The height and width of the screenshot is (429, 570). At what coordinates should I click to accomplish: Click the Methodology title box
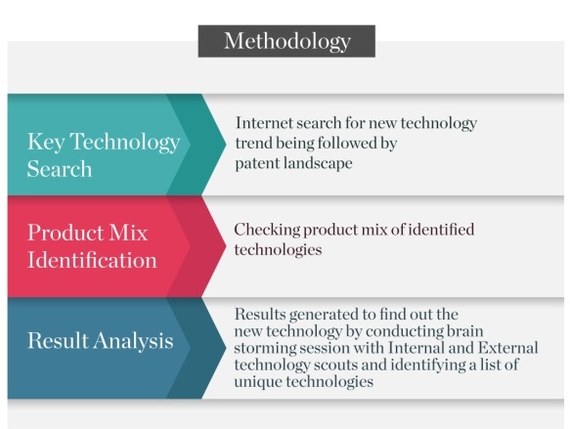(x=286, y=41)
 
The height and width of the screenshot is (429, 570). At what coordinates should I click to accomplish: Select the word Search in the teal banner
(x=60, y=169)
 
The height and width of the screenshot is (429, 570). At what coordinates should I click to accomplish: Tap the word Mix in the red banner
(x=128, y=233)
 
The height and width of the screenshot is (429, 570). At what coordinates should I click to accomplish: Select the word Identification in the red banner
(x=92, y=260)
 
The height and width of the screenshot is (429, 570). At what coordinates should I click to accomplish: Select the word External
(x=507, y=348)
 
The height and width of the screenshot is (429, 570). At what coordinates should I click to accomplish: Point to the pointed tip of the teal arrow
(x=226, y=145)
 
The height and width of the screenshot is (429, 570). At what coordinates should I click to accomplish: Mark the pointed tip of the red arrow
(x=226, y=246)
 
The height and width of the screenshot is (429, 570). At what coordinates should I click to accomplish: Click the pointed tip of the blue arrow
(x=226, y=348)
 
